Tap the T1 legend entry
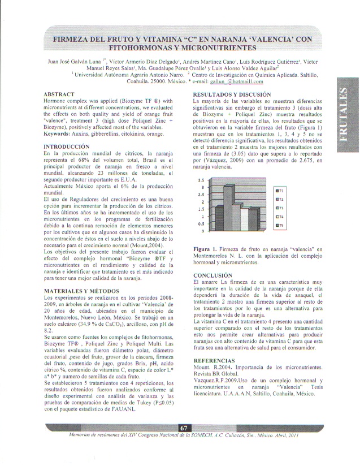click(279, 191)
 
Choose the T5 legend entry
click(279, 225)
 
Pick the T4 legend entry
click(279, 217)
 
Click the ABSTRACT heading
click(59, 93)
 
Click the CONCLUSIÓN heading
click(212, 275)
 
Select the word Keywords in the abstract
click(59, 134)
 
